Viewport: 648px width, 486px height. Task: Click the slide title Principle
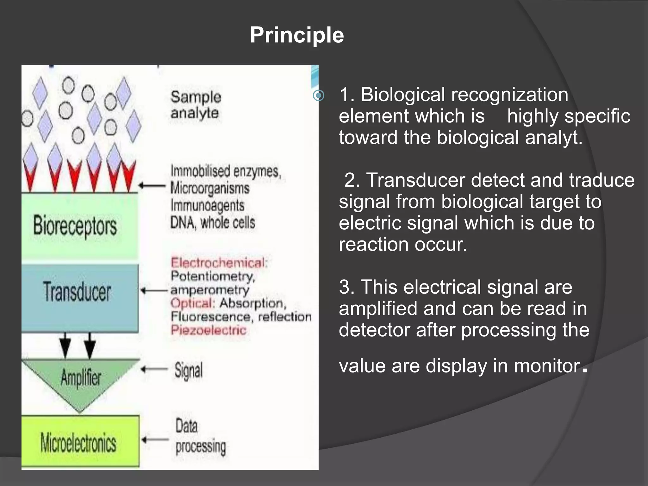296,35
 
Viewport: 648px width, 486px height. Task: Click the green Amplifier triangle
80,378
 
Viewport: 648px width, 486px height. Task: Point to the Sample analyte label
195,105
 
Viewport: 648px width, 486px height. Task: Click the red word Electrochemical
219,263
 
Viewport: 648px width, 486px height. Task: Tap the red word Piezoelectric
209,330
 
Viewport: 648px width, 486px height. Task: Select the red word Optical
192,303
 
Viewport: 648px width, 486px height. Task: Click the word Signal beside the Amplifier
189,370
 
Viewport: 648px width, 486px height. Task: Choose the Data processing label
200,436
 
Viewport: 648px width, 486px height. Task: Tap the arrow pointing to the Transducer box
154,290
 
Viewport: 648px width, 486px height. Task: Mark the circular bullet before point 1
319,95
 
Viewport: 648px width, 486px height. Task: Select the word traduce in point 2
601,180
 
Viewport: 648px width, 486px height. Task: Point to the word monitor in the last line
547,366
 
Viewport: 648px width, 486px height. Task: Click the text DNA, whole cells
212,222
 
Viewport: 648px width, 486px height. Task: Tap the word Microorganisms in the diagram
210,188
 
